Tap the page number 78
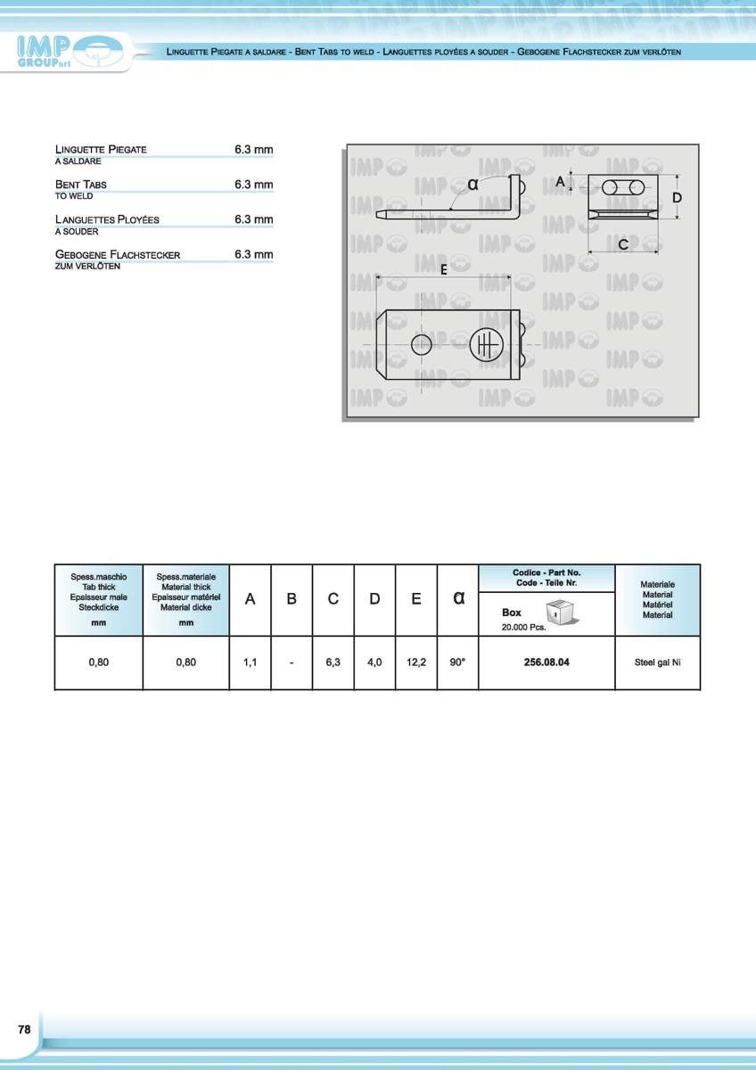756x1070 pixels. point(24,1029)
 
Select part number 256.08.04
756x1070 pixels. point(546,663)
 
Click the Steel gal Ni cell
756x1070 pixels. point(657,663)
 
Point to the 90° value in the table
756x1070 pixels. point(457,663)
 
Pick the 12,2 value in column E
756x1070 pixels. point(416,663)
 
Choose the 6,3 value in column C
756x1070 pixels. point(333,663)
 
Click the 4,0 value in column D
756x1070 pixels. point(374,663)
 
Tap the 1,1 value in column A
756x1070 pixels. point(251,663)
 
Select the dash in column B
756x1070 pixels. point(292,663)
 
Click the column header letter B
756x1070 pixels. point(292,599)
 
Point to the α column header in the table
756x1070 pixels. point(458,598)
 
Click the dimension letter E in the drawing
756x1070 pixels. point(443,272)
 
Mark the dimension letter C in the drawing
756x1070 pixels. point(623,243)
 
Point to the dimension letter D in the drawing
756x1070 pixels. point(677,196)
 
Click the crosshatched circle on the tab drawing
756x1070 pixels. point(487,344)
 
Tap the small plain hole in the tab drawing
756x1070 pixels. point(421,344)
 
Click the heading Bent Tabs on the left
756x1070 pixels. point(81,185)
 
